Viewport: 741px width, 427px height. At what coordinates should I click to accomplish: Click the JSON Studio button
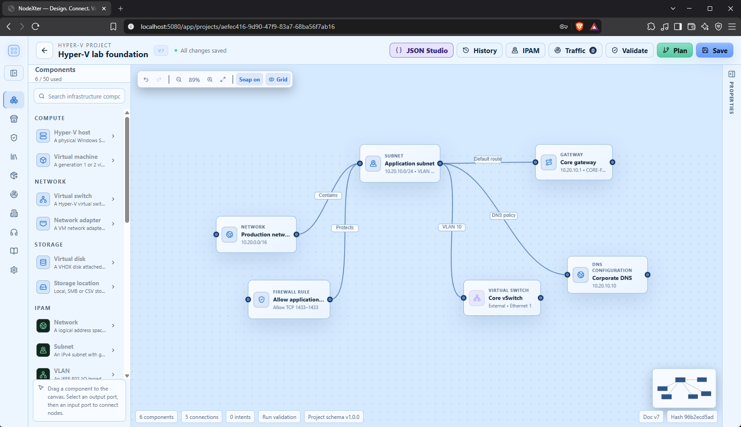pyautogui.click(x=421, y=50)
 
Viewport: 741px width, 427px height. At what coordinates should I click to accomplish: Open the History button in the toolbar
pyautogui.click(x=479, y=50)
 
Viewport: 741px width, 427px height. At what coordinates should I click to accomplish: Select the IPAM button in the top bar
pyautogui.click(x=525, y=50)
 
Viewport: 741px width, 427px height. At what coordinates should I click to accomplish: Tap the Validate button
pyautogui.click(x=629, y=50)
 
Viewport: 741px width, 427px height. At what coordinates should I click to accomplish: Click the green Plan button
pyautogui.click(x=674, y=50)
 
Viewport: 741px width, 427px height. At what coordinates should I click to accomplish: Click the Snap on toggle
pyautogui.click(x=249, y=79)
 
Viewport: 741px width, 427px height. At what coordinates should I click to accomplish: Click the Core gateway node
pyautogui.click(x=574, y=162)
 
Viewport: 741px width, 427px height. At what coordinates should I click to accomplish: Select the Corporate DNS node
pyautogui.click(x=607, y=274)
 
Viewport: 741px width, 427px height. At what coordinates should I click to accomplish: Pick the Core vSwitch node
pyautogui.click(x=502, y=298)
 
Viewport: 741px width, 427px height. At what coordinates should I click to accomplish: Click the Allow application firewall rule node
pyautogui.click(x=289, y=299)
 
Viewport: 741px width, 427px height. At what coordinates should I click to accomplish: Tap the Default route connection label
pyautogui.click(x=488, y=159)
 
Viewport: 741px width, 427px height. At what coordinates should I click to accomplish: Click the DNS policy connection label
pyautogui.click(x=503, y=216)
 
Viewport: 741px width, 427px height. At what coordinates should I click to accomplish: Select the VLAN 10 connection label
pyautogui.click(x=452, y=227)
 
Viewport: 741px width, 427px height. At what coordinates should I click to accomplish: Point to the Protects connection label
pyautogui.click(x=345, y=228)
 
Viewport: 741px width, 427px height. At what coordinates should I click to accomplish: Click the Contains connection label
pyautogui.click(x=328, y=195)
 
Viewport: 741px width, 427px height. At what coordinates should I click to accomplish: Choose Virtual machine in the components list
pyautogui.click(x=76, y=161)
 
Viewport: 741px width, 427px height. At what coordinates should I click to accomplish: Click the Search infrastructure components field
pyautogui.click(x=79, y=96)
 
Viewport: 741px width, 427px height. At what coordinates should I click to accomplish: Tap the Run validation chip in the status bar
pyautogui.click(x=279, y=417)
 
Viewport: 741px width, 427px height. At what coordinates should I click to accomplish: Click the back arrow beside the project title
pyautogui.click(x=45, y=50)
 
